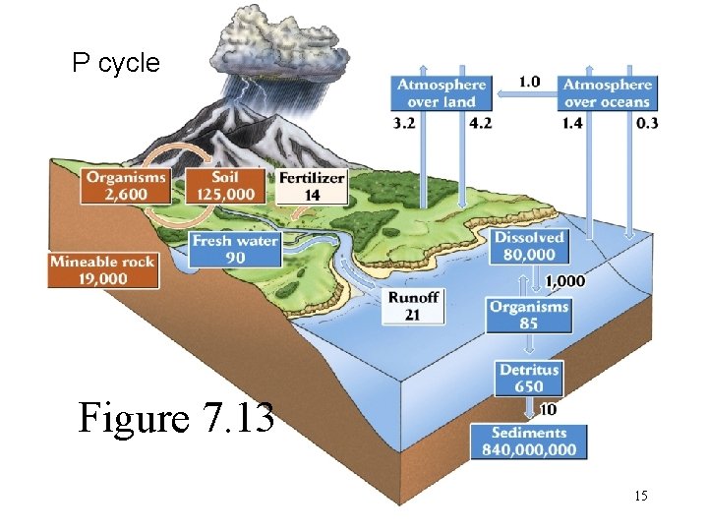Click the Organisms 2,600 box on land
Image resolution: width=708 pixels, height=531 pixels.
(126, 185)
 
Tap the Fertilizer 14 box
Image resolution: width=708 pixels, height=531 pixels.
(312, 186)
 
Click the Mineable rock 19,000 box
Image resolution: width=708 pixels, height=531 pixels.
(102, 269)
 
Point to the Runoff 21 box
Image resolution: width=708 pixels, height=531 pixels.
(414, 307)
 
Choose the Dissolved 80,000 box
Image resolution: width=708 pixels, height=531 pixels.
(529, 247)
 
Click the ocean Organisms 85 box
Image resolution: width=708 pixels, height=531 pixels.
(529, 315)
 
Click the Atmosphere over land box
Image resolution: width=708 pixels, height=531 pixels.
(442, 93)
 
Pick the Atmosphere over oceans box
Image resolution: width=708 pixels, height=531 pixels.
(607, 93)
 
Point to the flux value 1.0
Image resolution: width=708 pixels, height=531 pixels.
(529, 82)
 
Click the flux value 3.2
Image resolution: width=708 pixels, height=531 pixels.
(405, 124)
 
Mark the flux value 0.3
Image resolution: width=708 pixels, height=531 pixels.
(647, 123)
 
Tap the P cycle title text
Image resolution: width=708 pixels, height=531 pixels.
(115, 64)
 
